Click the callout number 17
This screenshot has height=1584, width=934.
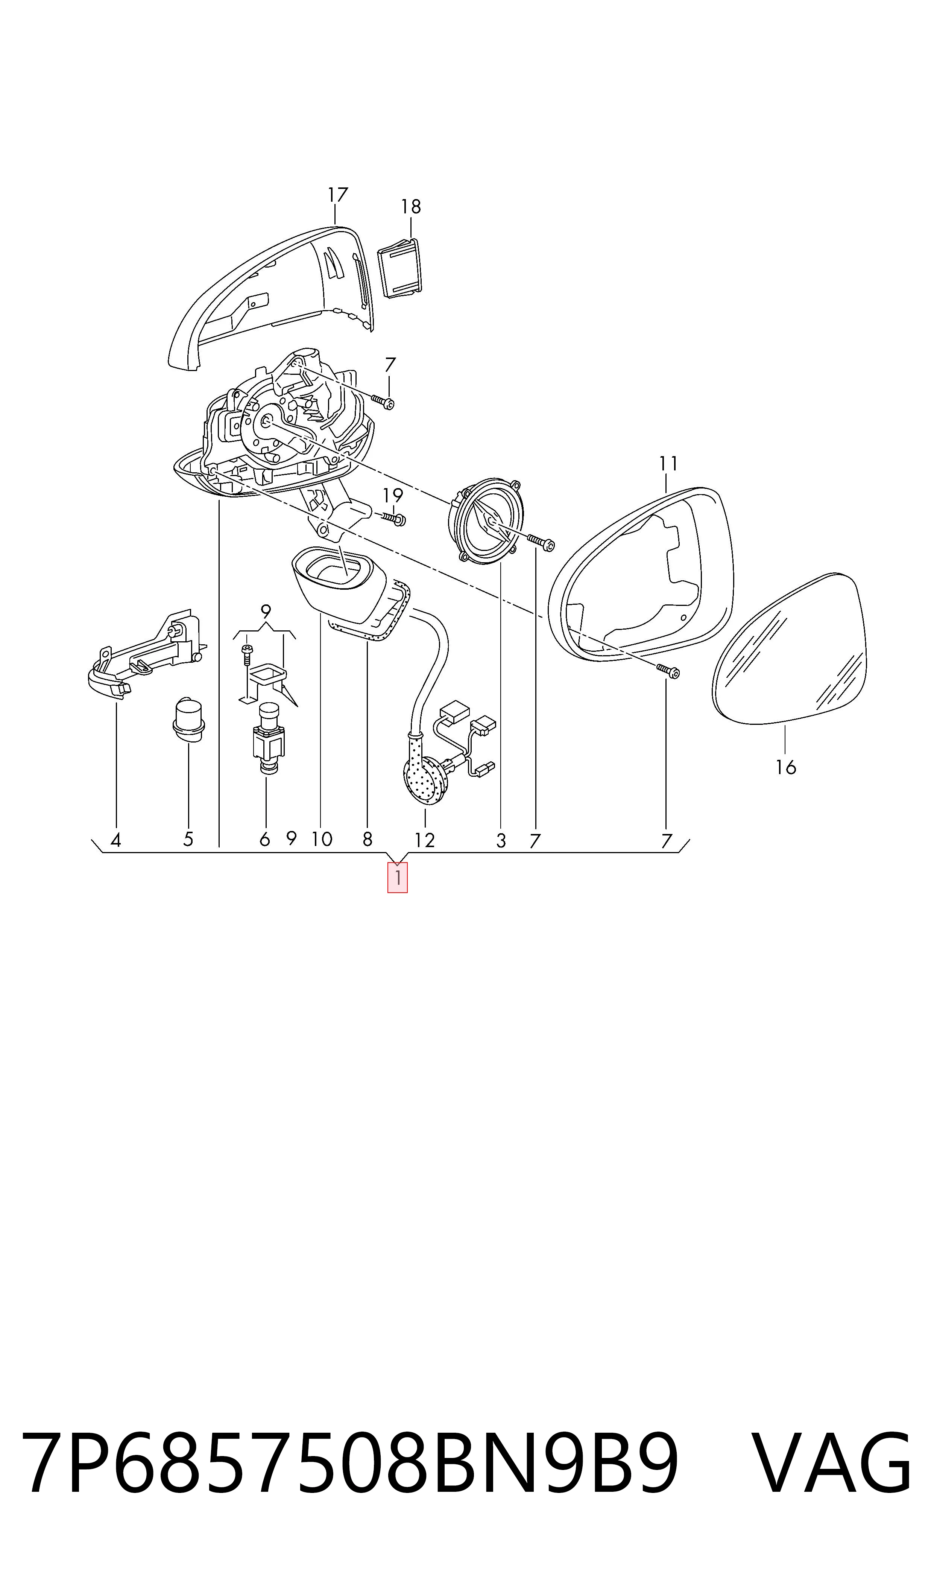(x=338, y=195)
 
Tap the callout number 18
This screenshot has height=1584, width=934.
(x=411, y=207)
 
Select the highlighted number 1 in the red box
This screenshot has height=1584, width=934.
(x=398, y=877)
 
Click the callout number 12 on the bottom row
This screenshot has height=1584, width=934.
(x=425, y=840)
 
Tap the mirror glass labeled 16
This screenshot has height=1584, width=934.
(x=790, y=648)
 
